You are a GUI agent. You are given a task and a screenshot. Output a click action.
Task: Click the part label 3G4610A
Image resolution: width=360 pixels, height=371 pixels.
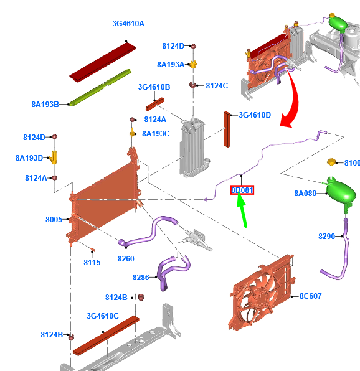pos(128,24)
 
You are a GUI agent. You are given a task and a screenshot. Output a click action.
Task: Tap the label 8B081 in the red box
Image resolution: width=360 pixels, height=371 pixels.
pos(242,190)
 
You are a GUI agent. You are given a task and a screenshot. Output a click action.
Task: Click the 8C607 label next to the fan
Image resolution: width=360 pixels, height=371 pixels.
pos(310,296)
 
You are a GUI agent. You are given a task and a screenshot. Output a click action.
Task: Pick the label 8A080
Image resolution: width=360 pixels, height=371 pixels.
pos(305,194)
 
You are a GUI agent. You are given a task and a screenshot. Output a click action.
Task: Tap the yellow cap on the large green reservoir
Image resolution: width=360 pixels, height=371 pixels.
pos(331,162)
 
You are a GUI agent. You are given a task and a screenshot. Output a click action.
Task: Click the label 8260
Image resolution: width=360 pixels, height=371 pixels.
pos(126,259)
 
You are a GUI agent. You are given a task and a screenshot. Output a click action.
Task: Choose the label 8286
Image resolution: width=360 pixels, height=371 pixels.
pos(141,277)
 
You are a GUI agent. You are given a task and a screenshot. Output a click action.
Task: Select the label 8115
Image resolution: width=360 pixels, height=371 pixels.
pos(92,263)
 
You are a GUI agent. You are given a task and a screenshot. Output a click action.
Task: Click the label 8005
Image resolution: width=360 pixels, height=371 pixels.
pos(54,220)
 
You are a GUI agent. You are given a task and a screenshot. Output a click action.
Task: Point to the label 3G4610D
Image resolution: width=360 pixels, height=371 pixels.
pos(255,115)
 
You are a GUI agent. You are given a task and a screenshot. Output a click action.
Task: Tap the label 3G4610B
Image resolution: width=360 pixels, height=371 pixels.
pos(154,87)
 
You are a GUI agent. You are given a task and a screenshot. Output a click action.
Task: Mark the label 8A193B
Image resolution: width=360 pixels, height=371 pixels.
pos(45,105)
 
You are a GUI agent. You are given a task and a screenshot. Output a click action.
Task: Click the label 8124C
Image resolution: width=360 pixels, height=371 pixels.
pos(217,86)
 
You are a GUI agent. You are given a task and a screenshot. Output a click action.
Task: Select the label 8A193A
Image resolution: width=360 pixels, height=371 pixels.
pos(171,65)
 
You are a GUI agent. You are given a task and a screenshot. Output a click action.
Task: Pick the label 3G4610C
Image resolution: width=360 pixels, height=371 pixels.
pos(103,316)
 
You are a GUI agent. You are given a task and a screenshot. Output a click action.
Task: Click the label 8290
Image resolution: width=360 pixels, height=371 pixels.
pos(326,237)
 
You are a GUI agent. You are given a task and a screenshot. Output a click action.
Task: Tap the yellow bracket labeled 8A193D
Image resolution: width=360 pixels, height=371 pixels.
pos(54,157)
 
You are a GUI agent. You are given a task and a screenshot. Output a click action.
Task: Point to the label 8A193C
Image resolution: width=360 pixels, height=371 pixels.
pos(156,134)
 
